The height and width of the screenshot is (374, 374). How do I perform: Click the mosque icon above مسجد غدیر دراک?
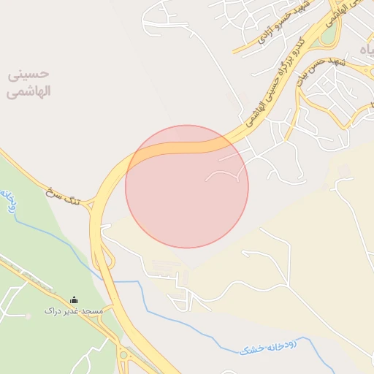click(74, 299)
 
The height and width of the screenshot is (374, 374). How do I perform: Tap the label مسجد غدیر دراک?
click(74, 311)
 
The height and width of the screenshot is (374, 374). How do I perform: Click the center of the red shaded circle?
click(187, 186)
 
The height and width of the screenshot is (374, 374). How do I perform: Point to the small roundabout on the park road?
click(123, 356)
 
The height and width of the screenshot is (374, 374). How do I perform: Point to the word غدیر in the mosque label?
click(73, 311)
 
